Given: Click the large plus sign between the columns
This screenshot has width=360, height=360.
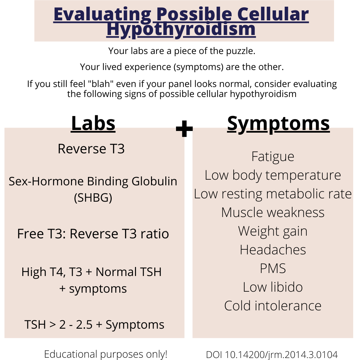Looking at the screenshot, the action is click(184, 129).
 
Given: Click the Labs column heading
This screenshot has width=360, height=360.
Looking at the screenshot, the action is click(93, 124).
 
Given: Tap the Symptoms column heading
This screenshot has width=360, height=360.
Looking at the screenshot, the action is click(278, 124).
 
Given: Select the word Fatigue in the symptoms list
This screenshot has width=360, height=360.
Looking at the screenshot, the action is click(273, 157).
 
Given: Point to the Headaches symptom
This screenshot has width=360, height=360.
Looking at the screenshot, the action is click(273, 250).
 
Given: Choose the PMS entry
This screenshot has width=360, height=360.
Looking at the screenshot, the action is click(273, 268).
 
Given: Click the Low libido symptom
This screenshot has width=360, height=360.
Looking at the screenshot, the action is click(273, 287).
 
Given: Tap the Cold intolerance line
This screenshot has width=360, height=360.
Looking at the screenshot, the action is click(273, 306).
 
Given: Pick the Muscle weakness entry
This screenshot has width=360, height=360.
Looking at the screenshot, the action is click(273, 212).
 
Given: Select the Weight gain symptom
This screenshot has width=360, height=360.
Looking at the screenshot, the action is click(273, 231).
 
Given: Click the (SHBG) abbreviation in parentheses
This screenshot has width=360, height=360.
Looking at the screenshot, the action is click(93, 198).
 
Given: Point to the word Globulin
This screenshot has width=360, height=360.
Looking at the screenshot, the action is click(154, 181).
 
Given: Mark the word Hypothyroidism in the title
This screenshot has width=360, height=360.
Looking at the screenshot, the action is click(181, 30).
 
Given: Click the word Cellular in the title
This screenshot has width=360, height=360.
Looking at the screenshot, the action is click(273, 14).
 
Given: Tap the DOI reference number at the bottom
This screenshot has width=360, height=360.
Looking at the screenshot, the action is click(272, 355).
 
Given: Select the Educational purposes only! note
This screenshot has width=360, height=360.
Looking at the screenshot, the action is click(106, 354).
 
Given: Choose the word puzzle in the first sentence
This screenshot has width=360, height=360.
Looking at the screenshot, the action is click(241, 51).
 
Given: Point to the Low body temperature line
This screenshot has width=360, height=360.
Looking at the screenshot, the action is click(273, 176).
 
